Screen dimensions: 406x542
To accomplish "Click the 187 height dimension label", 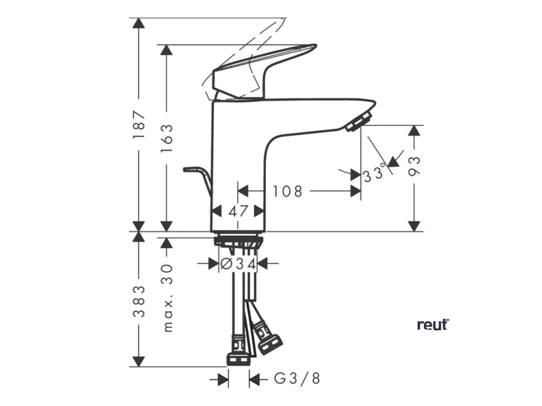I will pyautogui.click(x=139, y=125).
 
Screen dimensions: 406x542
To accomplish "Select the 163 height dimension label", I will pyautogui.click(x=167, y=138).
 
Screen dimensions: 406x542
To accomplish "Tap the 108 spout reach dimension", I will pyautogui.click(x=287, y=190).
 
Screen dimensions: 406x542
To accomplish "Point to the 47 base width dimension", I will pyautogui.click(x=238, y=210).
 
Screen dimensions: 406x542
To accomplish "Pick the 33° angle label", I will pyautogui.click(x=373, y=174).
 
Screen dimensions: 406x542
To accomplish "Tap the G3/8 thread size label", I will pyautogui.click(x=297, y=379).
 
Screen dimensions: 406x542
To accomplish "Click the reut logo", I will pyautogui.click(x=432, y=324).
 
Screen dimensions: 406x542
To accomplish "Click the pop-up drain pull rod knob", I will pyautogui.click(x=188, y=169).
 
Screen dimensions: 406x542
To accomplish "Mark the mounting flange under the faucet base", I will pyautogui.click(x=238, y=241).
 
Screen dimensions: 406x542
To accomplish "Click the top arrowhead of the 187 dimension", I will pyautogui.click(x=139, y=23).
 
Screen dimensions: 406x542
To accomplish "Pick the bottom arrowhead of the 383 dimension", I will pyautogui.click(x=139, y=362).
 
